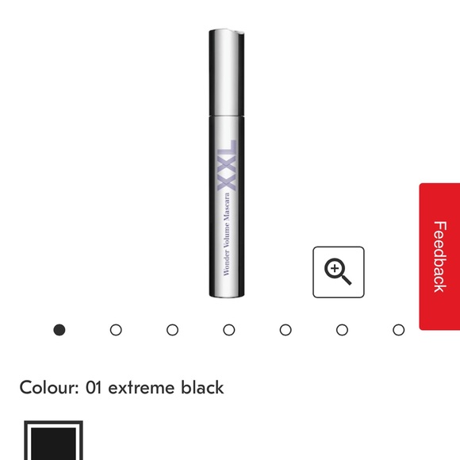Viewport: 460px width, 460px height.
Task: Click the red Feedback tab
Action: (439, 256)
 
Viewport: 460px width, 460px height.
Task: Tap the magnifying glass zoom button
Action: (339, 272)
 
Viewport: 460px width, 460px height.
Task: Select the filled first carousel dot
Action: (59, 330)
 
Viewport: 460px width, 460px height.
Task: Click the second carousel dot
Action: (116, 330)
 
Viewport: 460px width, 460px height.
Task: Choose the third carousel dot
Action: (172, 330)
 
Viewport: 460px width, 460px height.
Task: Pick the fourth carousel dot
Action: (229, 330)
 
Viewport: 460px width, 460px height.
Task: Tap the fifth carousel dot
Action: (286, 330)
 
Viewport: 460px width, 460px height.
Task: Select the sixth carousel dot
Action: (342, 330)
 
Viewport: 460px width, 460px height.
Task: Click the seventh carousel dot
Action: (399, 330)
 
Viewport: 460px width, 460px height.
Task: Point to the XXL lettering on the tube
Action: (227, 165)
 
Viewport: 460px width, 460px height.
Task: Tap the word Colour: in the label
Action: (48, 388)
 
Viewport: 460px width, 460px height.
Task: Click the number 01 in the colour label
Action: (94, 388)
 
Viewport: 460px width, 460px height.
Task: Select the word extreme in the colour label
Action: (140, 388)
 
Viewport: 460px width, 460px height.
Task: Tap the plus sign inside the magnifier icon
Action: (336, 270)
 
